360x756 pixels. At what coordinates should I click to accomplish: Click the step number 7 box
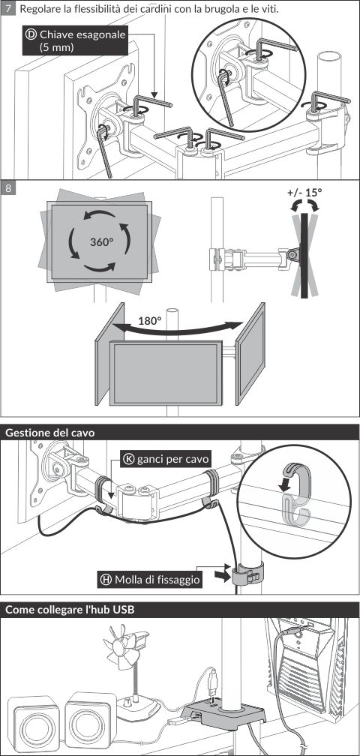tap(8, 9)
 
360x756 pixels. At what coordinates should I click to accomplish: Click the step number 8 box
tap(8, 187)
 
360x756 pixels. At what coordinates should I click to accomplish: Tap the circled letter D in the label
tap(31, 34)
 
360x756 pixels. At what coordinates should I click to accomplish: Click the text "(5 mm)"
tap(56, 47)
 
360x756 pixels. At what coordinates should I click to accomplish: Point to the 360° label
tap(101, 241)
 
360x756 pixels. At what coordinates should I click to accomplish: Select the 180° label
tap(149, 321)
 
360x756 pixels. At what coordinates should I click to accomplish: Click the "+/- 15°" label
tap(304, 192)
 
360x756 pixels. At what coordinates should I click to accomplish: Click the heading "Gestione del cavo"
tap(49, 433)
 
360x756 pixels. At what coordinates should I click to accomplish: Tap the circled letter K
tap(129, 458)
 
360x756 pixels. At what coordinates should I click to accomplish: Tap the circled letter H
tap(106, 580)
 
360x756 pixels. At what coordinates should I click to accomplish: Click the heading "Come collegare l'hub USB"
tap(70, 610)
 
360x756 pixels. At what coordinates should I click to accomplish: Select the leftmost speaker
tap(33, 723)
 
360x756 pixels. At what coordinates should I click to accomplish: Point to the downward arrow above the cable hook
tap(286, 483)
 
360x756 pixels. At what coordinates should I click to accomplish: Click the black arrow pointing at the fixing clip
tap(220, 576)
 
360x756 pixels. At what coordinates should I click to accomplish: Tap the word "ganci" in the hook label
tap(150, 459)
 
